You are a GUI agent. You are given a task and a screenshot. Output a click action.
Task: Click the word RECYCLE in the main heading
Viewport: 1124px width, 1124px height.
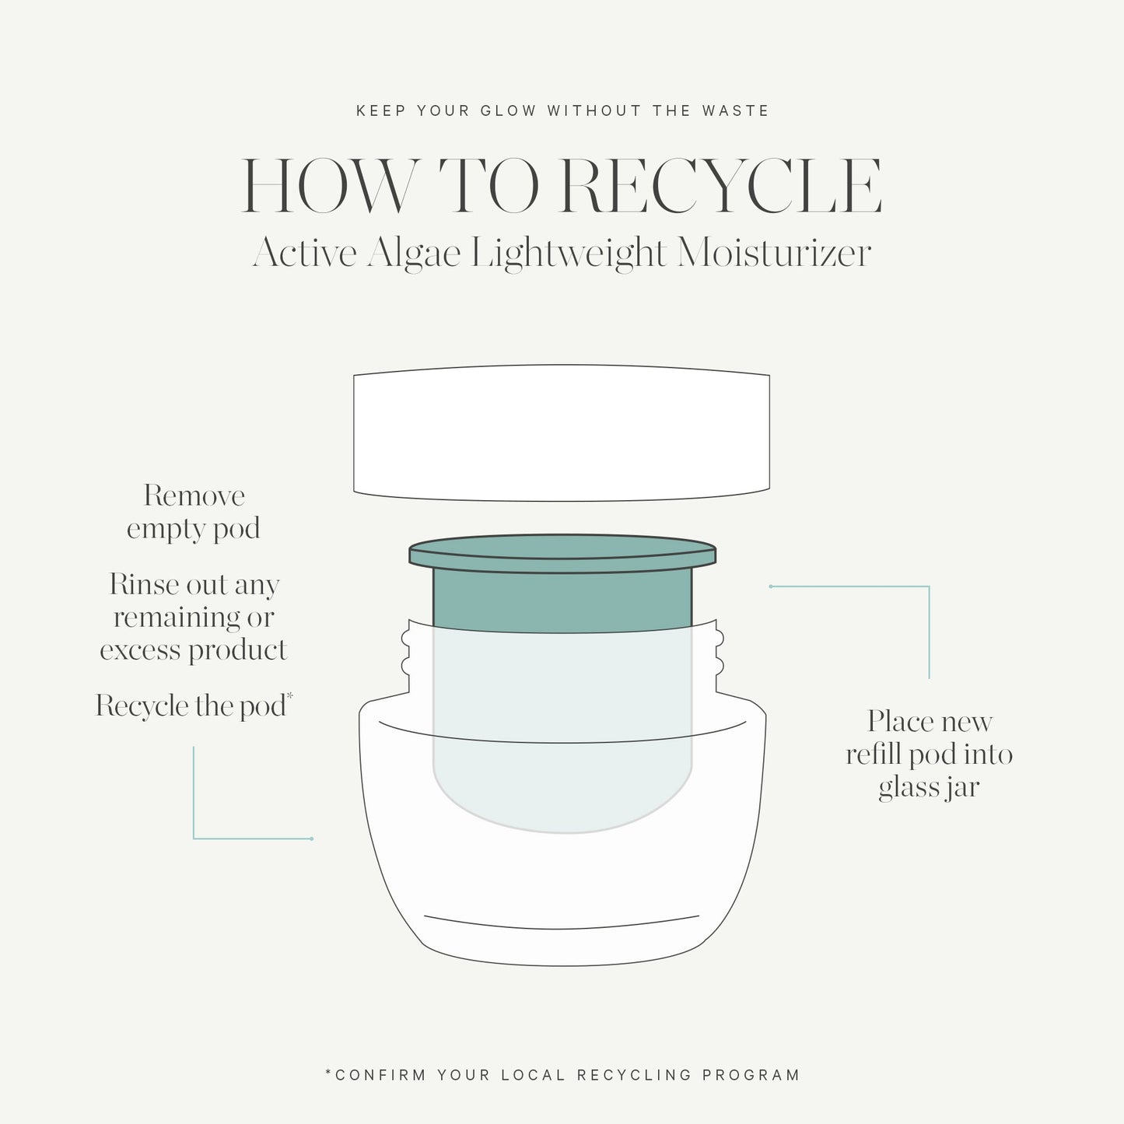coord(722,187)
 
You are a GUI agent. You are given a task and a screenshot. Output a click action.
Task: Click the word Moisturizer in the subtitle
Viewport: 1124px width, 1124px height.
coord(773,254)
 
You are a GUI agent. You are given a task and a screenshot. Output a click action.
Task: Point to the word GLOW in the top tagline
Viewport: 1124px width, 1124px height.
coord(508,110)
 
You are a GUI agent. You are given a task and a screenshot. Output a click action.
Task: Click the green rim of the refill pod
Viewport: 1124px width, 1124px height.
coord(562,553)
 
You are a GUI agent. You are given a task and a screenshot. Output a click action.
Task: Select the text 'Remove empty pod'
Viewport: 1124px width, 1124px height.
coord(194,512)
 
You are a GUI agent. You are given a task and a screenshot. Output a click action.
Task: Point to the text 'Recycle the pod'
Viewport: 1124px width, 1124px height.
coord(191,706)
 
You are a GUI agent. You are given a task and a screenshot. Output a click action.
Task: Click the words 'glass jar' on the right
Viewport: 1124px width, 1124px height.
coord(929,787)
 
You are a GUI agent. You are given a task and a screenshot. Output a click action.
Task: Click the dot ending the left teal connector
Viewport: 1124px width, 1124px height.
coord(311,839)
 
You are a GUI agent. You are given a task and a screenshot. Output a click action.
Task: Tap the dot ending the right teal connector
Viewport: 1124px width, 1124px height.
coord(770,586)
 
